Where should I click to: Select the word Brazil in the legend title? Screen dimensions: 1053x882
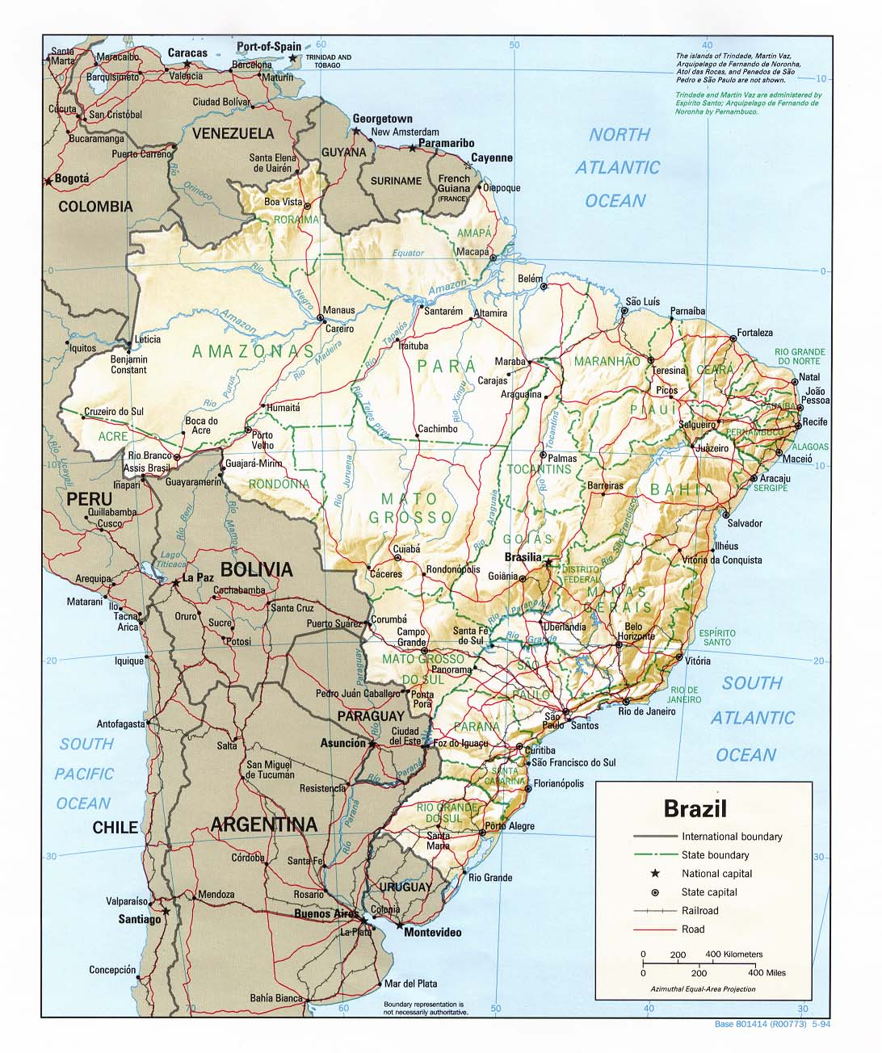point(695,808)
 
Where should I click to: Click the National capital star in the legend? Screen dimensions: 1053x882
point(655,874)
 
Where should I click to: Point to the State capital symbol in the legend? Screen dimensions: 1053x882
point(655,892)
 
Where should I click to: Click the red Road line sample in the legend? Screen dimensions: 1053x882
point(654,929)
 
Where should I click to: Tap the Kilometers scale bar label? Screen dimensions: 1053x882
point(733,954)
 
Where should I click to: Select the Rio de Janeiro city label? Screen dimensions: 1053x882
point(647,711)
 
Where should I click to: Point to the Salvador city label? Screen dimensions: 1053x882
point(745,523)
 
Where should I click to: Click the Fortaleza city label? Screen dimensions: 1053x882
point(754,333)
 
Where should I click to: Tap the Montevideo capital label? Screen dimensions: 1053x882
point(432,933)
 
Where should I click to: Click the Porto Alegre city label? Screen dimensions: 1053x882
point(510,826)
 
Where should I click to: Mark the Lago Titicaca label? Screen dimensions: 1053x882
point(173,560)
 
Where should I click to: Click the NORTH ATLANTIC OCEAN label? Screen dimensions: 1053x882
point(618,168)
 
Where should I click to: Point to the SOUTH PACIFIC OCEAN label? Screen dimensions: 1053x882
point(84,774)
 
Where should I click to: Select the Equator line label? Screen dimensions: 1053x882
point(408,253)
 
